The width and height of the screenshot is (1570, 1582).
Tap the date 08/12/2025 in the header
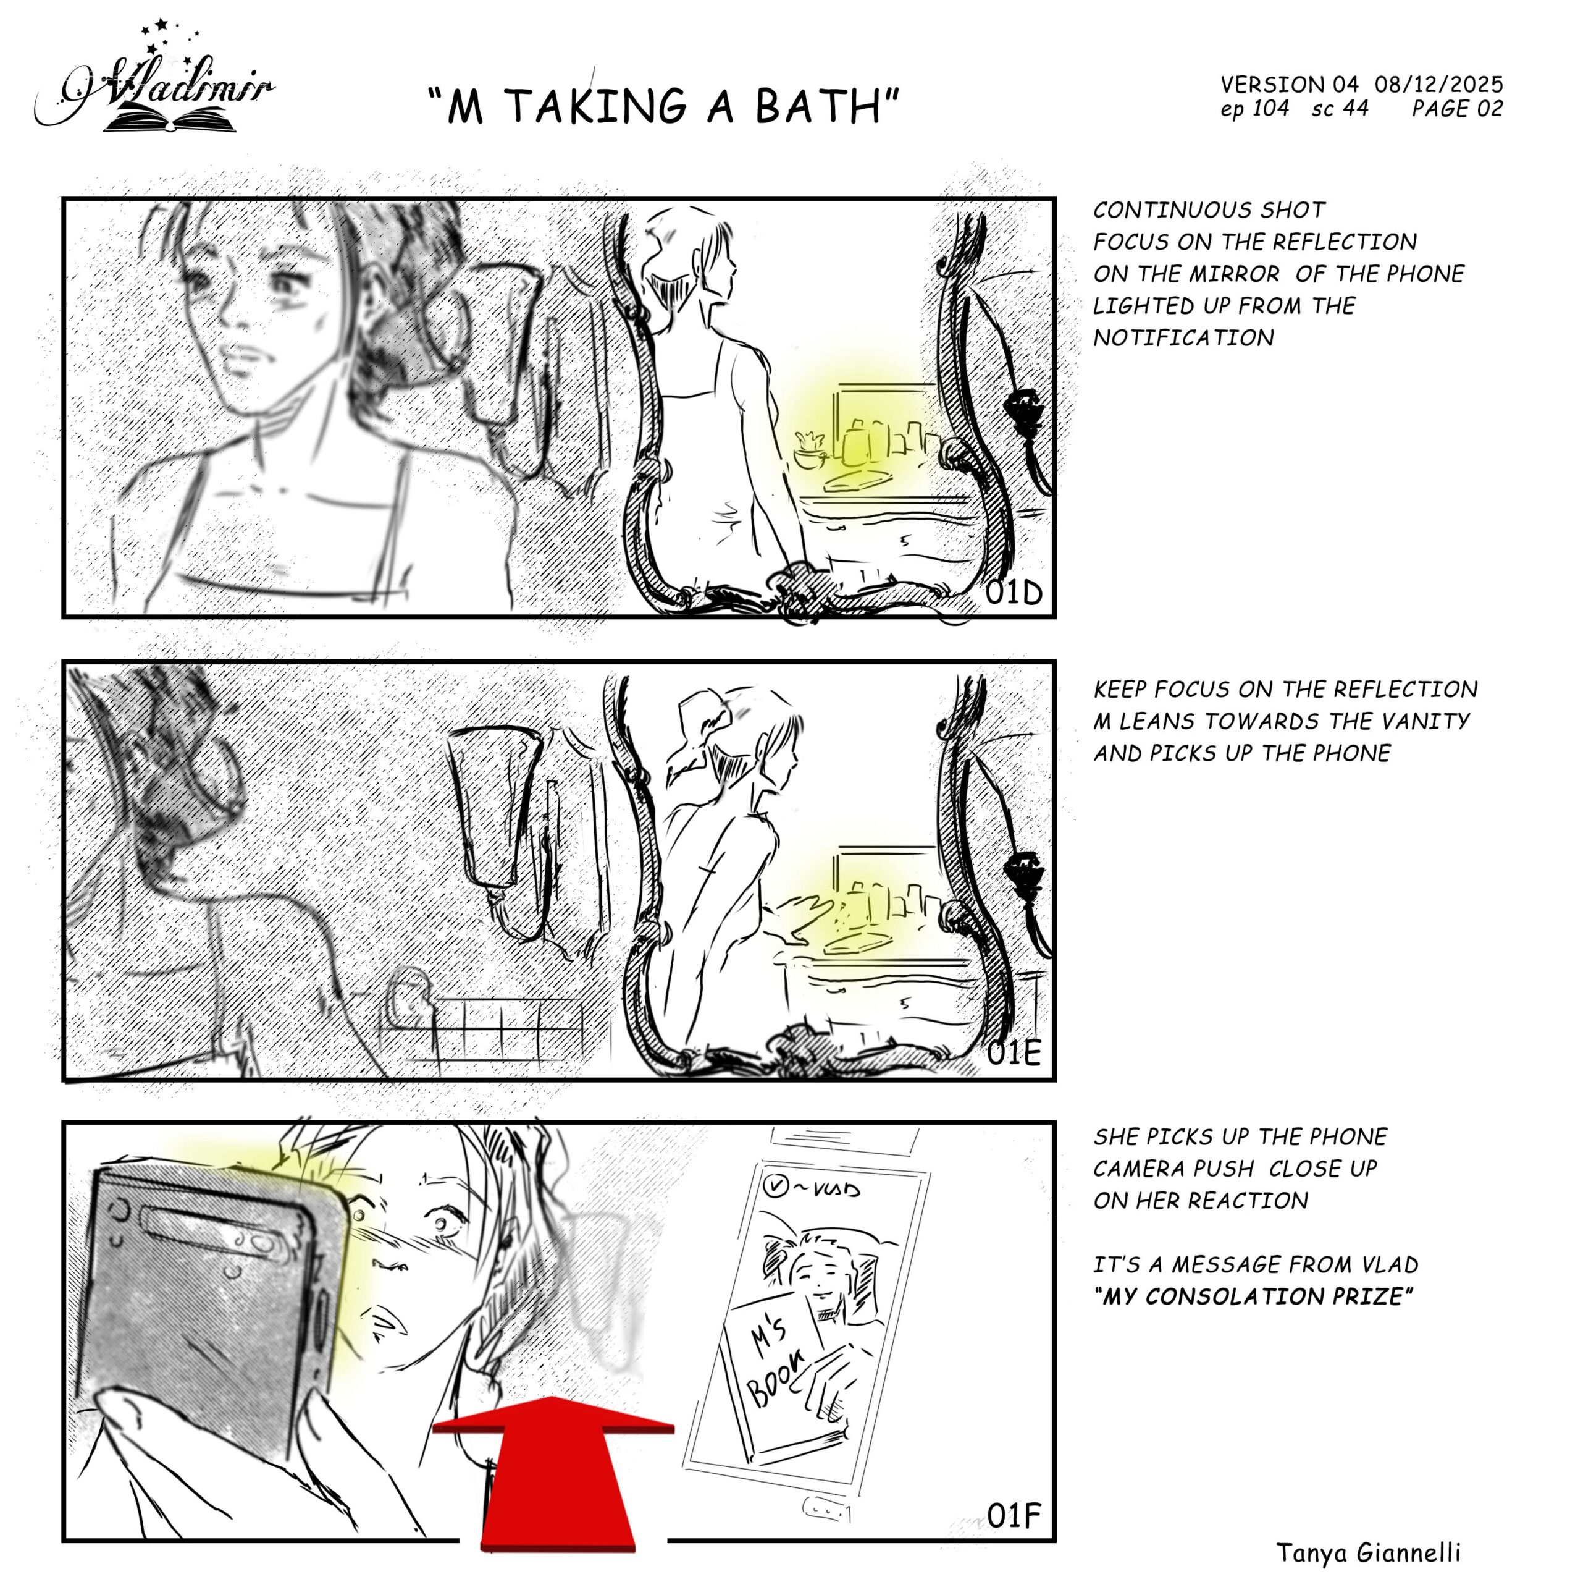pyautogui.click(x=1439, y=84)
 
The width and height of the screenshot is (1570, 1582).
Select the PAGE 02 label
pyautogui.click(x=1457, y=108)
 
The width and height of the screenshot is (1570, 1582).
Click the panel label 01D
pyautogui.click(x=1014, y=592)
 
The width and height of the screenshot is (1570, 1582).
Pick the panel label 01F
pyautogui.click(x=1014, y=1516)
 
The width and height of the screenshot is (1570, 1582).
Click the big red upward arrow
pyautogui.click(x=554, y=1474)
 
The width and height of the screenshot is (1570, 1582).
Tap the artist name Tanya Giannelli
pyautogui.click(x=1369, y=1552)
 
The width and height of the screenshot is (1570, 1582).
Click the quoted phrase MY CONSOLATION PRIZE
pyautogui.click(x=1253, y=1296)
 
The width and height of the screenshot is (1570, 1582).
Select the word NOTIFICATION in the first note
pyautogui.click(x=1183, y=337)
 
